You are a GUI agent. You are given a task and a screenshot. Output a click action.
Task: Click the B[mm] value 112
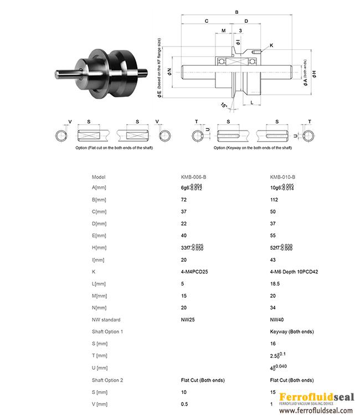tap(274, 199)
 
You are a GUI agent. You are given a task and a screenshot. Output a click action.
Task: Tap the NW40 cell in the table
tap(277, 320)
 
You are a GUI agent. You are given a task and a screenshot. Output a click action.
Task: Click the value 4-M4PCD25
tap(195, 272)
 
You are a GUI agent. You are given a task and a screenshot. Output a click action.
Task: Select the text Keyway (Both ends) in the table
tap(292, 331)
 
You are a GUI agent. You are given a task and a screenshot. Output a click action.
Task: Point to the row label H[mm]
tap(99, 247)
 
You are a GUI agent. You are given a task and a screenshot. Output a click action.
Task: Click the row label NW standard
tap(106, 320)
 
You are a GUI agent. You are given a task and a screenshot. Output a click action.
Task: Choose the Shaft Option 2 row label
tap(107, 380)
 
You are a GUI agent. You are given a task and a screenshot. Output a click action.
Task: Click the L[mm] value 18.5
tap(275, 283)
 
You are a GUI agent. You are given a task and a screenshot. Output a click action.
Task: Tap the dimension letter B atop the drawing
tap(237, 12)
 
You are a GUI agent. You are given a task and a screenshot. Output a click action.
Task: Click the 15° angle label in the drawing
tap(224, 105)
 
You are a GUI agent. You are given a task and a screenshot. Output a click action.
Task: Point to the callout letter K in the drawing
tap(271, 45)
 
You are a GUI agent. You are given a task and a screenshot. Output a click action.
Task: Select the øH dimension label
tap(314, 74)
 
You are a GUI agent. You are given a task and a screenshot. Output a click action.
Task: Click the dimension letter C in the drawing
tap(206, 21)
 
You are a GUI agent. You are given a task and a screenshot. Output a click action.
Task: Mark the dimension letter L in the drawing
tap(252, 102)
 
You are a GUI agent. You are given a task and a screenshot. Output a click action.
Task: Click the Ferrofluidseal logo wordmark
tap(316, 397)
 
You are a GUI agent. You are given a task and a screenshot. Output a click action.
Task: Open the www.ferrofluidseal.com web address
tap(316, 410)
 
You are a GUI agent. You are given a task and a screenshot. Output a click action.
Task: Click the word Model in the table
tap(98, 177)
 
